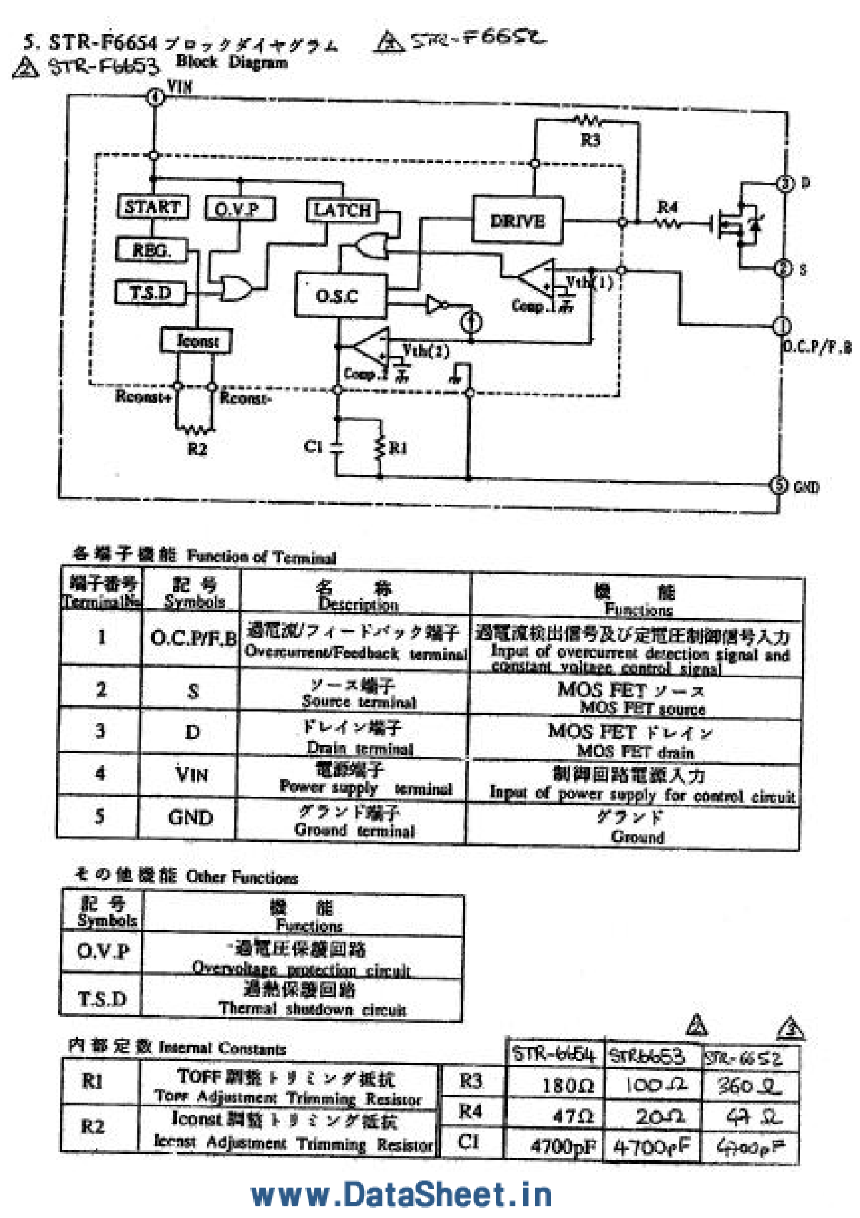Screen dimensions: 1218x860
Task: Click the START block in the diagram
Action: click(x=153, y=206)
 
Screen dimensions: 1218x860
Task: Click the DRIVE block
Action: click(x=517, y=220)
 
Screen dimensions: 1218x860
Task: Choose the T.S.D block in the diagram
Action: click(x=151, y=292)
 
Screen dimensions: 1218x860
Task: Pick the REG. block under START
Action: click(x=152, y=250)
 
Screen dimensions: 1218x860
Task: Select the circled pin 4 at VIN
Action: click(x=155, y=97)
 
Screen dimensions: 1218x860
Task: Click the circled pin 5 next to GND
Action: click(x=778, y=485)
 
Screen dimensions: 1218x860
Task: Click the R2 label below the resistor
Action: click(x=197, y=449)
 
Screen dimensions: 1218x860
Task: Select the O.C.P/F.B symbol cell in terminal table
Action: click(x=192, y=638)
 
